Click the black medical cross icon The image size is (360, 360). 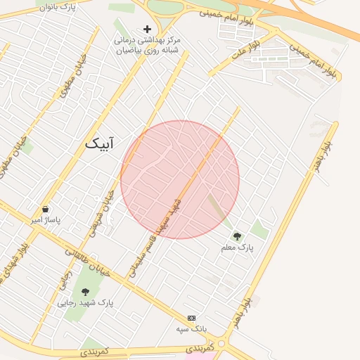click(147, 29)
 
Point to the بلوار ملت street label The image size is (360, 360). click(248, 47)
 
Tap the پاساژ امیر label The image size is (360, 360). click(46, 220)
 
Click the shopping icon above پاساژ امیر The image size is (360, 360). click(46, 209)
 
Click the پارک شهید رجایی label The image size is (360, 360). click(86, 303)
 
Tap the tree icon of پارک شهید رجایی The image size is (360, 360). click(86, 292)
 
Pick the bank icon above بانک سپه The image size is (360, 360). click(192, 318)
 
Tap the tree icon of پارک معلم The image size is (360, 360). click(237, 236)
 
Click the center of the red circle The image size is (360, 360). click(180, 179)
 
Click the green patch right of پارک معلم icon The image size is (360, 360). click(259, 229)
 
